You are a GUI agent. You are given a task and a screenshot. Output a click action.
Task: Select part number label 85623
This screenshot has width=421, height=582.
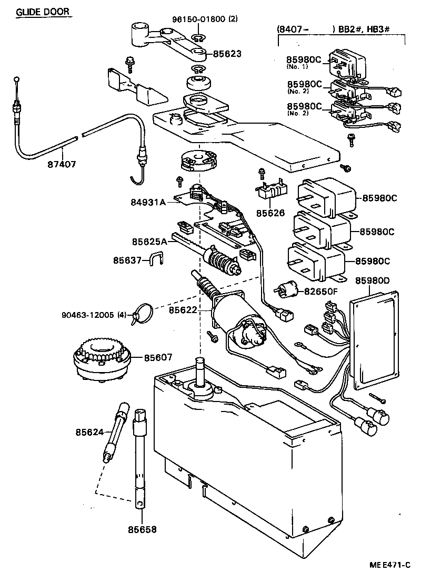(x=227, y=54)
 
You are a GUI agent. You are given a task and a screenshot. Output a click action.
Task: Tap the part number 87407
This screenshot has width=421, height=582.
(x=62, y=164)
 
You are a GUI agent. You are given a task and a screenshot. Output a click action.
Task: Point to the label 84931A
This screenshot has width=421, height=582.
(x=148, y=202)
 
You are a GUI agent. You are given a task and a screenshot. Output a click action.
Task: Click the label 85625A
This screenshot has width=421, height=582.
(x=149, y=242)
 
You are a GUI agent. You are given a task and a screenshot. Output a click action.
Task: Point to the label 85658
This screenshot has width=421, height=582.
(x=142, y=529)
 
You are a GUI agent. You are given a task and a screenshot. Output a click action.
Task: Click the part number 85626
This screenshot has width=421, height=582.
(x=270, y=213)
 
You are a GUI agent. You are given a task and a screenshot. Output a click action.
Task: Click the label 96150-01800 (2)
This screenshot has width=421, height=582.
(x=205, y=19)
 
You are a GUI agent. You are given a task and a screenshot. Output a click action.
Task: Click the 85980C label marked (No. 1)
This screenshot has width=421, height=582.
(x=304, y=60)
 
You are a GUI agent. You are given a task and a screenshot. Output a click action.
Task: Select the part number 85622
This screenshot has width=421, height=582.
(x=183, y=310)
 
